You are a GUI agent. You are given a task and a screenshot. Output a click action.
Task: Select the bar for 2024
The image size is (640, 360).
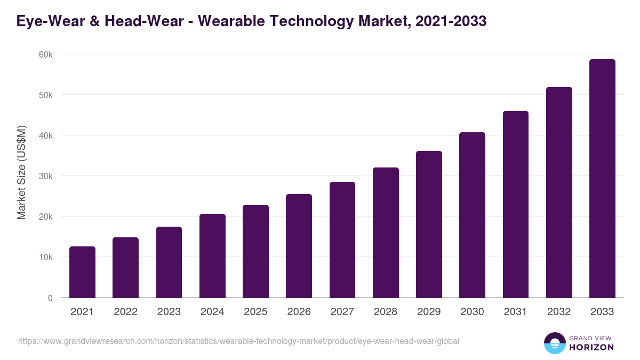pyautogui.click(x=212, y=256)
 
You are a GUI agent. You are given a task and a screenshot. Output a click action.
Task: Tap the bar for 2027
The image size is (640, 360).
pyautogui.click(x=342, y=240)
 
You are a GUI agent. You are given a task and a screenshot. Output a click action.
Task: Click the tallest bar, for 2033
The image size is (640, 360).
pyautogui.click(x=602, y=179)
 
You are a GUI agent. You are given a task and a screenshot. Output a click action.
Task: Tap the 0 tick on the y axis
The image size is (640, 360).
pyautogui.click(x=50, y=298)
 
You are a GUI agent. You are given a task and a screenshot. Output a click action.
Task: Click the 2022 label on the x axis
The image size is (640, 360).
pyautogui.click(x=125, y=312)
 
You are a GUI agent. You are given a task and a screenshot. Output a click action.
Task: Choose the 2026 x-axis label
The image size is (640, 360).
pyautogui.click(x=299, y=312)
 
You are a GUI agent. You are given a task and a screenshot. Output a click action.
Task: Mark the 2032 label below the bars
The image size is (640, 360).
pyautogui.click(x=559, y=312)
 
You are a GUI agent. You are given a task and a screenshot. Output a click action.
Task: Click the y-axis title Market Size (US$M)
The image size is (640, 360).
pyautogui.click(x=21, y=173)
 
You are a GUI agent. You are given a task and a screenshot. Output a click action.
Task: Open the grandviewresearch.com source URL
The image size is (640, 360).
pyautogui.click(x=238, y=341)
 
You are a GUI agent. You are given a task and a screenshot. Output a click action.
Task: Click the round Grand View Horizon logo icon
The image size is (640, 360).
pyautogui.click(x=555, y=343)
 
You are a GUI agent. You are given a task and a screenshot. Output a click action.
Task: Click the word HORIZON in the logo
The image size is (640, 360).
pyautogui.click(x=592, y=347)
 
